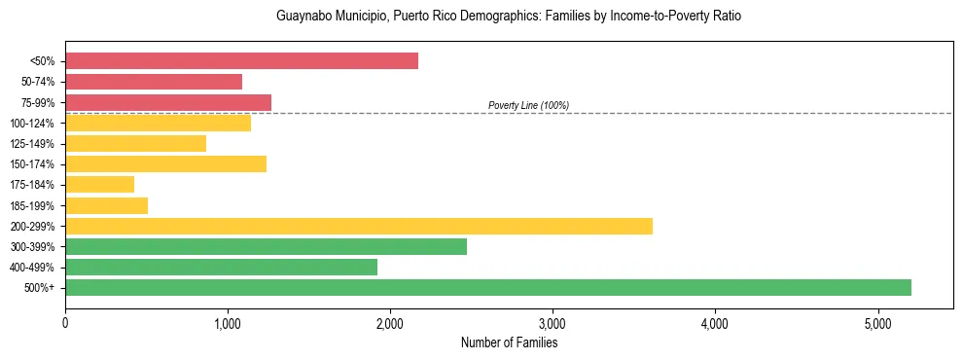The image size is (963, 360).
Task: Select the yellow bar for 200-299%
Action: pyautogui.click(x=359, y=226)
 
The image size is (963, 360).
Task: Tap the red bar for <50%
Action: pyautogui.click(x=241, y=60)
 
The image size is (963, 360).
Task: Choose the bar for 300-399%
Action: pyautogui.click(x=266, y=246)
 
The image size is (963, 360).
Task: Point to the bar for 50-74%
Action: pyautogui.click(x=154, y=82)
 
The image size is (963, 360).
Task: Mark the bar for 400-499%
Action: pyautogui.click(x=221, y=267)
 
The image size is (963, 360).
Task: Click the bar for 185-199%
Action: pyautogui.click(x=106, y=205)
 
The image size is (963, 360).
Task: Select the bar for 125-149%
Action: pyautogui.click(x=135, y=143)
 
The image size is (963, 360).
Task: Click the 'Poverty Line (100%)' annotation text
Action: pyautogui.click(x=528, y=105)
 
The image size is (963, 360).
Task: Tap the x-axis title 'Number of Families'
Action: pyautogui.click(x=509, y=342)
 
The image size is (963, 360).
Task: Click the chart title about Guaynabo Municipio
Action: pyautogui.click(x=509, y=17)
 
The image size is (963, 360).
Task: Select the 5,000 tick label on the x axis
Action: pyautogui.click(x=877, y=322)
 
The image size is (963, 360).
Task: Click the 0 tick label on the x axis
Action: pyautogui.click(x=65, y=322)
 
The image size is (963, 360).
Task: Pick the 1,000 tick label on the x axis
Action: pyautogui.click(x=228, y=322)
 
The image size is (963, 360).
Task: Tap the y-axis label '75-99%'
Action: pyautogui.click(x=38, y=102)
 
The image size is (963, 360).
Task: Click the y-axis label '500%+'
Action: pyautogui.click(x=40, y=288)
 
